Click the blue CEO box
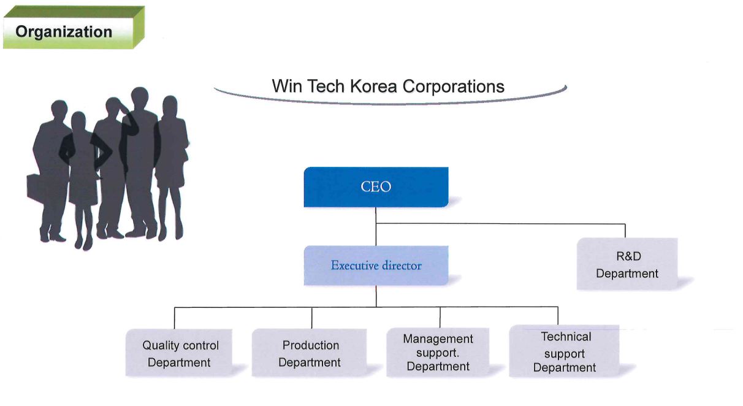[376, 187]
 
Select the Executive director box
[376, 265]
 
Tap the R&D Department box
[627, 264]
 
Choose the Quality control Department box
[179, 353]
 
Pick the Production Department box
[309, 353]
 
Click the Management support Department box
[438, 352]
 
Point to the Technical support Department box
[564, 351]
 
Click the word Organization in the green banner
[64, 32]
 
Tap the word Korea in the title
[373, 86]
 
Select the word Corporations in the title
[454, 87]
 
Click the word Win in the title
[288, 86]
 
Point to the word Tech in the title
[326, 86]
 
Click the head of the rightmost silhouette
[170, 106]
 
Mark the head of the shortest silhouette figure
[78, 121]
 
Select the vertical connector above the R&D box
[625, 231]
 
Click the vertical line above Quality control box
[175, 318]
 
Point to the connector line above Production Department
[312, 318]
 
